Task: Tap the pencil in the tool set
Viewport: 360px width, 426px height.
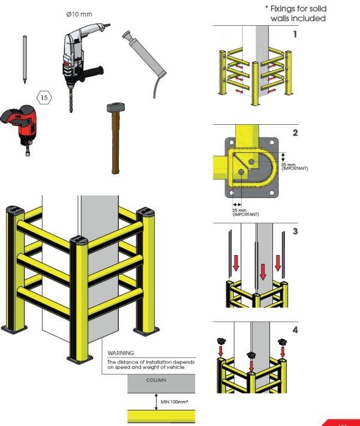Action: coord(24,60)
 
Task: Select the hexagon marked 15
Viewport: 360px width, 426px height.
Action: coord(44,97)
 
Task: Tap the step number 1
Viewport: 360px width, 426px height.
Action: coord(295,35)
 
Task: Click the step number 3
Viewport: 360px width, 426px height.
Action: coord(295,231)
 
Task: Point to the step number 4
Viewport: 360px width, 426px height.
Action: coord(295,329)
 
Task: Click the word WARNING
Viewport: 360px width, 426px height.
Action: coord(121,353)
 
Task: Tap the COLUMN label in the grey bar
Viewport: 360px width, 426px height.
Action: coord(155,380)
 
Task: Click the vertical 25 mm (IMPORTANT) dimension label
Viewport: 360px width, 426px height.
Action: coord(294,166)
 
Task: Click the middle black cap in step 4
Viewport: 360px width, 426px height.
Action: coord(251,356)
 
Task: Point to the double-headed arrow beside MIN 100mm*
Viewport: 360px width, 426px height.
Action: coord(155,399)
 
